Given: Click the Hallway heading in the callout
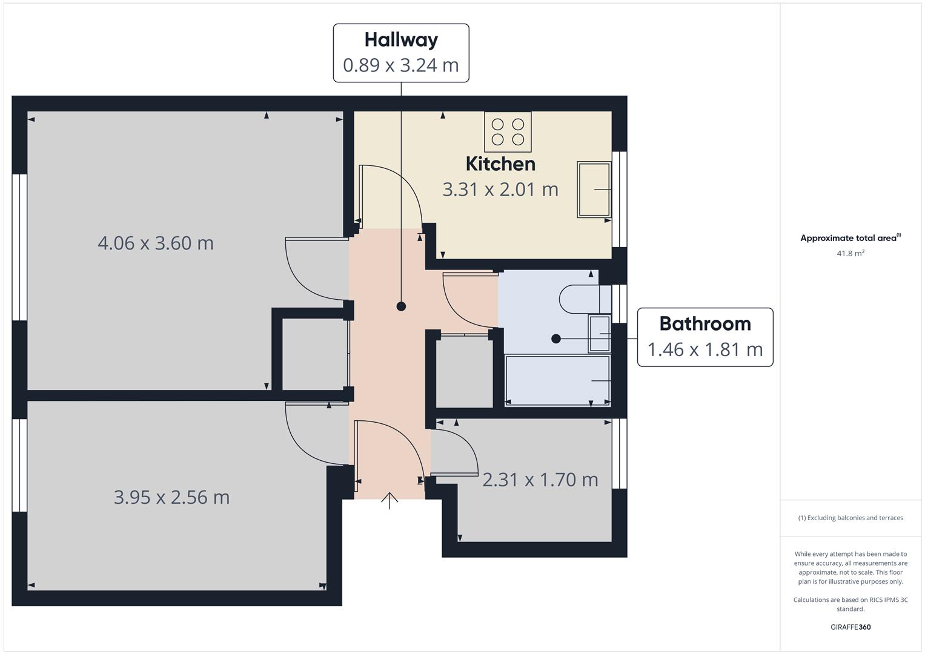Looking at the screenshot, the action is click(401, 41).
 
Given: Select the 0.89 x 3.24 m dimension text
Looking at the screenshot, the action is click(401, 65).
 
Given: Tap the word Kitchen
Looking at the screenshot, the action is click(500, 164).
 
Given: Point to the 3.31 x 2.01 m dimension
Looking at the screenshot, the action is click(500, 190).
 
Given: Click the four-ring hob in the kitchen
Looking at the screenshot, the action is click(508, 132).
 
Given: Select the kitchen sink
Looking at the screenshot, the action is click(594, 190).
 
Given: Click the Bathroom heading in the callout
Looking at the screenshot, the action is click(705, 324).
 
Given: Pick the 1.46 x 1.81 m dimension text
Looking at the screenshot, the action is click(705, 350).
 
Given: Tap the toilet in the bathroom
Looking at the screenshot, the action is click(585, 299).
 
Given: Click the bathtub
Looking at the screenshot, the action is click(557, 380).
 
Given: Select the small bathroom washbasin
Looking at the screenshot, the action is click(600, 334).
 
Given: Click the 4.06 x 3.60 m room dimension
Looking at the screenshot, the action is click(156, 243).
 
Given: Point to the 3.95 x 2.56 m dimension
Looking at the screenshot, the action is click(171, 498).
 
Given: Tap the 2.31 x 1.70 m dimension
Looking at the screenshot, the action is click(540, 480).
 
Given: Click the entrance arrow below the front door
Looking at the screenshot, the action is click(390, 500).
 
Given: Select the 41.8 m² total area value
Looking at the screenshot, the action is click(850, 253).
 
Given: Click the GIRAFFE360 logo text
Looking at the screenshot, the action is click(850, 627).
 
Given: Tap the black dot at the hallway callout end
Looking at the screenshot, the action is click(401, 306).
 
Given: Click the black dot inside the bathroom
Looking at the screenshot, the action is click(556, 339).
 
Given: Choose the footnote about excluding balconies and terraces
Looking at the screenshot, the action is click(850, 518).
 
